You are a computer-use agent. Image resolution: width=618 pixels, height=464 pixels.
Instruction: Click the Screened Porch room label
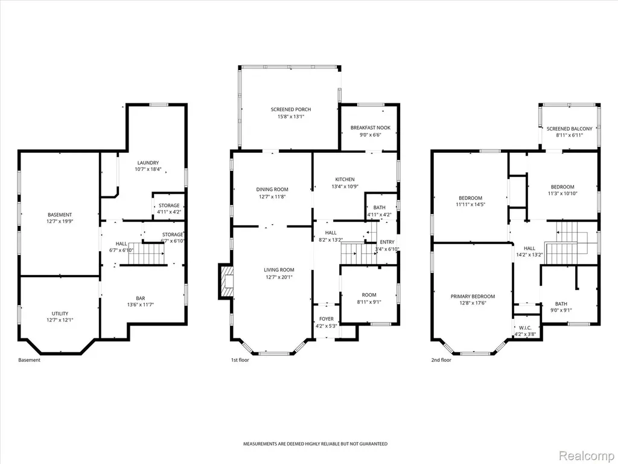point(291,109)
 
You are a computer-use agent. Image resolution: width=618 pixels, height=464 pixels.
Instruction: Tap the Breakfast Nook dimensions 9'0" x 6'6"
point(370,135)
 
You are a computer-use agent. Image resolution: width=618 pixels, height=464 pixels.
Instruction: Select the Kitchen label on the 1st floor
point(345,179)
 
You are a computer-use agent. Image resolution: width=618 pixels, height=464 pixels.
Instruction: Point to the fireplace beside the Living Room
point(226,282)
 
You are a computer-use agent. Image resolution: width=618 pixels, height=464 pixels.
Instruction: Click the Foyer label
point(327,319)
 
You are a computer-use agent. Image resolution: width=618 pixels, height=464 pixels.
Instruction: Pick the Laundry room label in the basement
point(148,163)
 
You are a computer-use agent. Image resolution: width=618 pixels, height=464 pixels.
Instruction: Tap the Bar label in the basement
point(140,298)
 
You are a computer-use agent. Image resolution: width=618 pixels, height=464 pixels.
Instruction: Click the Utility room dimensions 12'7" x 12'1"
point(60,320)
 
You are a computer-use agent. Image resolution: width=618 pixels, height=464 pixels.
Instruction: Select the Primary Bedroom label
point(473,296)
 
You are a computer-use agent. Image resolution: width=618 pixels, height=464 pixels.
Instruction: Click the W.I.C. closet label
point(525,328)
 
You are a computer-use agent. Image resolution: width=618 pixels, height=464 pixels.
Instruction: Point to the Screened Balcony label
point(570,129)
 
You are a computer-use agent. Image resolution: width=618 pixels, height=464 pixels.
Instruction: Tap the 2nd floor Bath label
point(561,304)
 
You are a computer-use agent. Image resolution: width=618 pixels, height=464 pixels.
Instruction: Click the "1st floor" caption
point(240,360)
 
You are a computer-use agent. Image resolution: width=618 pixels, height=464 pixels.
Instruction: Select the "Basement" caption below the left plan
point(29,360)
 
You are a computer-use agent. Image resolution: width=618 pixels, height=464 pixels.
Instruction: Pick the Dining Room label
point(272,189)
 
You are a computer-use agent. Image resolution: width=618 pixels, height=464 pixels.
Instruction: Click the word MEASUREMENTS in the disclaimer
point(260,444)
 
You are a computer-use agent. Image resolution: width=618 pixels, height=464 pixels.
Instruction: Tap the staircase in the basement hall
point(146,254)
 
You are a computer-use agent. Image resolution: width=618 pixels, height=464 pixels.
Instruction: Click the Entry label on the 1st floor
point(387,242)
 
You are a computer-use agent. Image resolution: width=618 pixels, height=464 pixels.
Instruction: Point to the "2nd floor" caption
point(441,360)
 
